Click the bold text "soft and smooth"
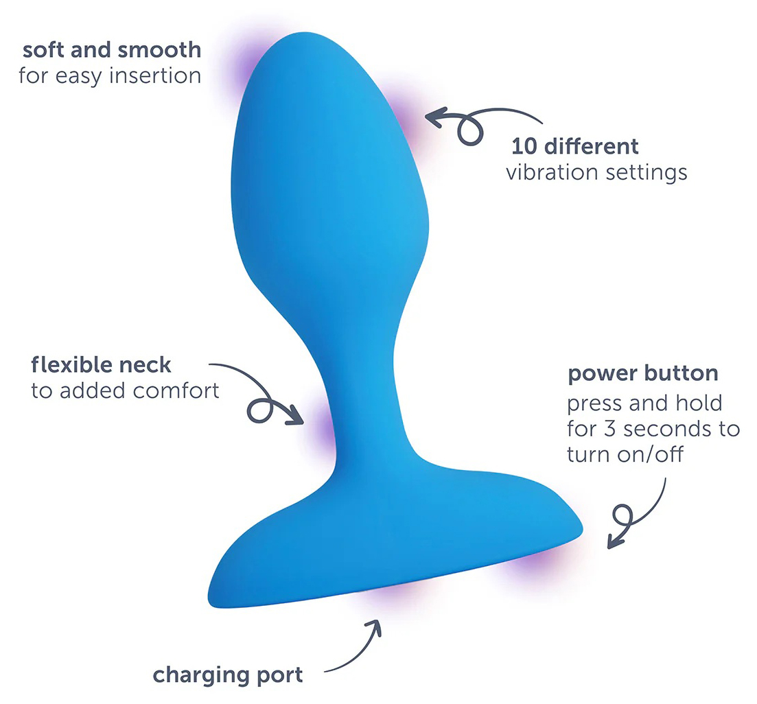pyautogui.click(x=111, y=50)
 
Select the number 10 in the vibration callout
pyautogui.click(x=524, y=146)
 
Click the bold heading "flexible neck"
pyautogui.click(x=101, y=365)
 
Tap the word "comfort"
pyautogui.click(x=176, y=391)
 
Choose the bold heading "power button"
pyautogui.click(x=642, y=374)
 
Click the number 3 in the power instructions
pyautogui.click(x=610, y=429)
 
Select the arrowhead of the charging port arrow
pyautogui.click(x=373, y=626)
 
